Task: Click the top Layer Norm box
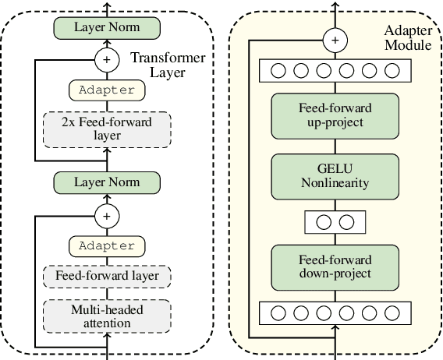pyautogui.click(x=106, y=27)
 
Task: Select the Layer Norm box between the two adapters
pyautogui.click(x=106, y=182)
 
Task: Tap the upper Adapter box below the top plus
pyautogui.click(x=107, y=90)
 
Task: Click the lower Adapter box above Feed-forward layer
pyautogui.click(x=107, y=245)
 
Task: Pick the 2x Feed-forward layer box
pyautogui.click(x=107, y=128)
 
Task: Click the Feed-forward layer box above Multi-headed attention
pyautogui.click(x=107, y=275)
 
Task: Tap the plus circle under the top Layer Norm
pyautogui.click(x=106, y=58)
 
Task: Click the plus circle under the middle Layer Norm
pyautogui.click(x=106, y=213)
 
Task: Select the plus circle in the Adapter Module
pyautogui.click(x=335, y=40)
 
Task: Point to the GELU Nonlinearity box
pyautogui.click(x=335, y=176)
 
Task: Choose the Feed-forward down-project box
pyautogui.click(x=335, y=266)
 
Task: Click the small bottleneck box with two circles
pyautogui.click(x=335, y=221)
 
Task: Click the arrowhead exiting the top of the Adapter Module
pyautogui.click(x=335, y=5)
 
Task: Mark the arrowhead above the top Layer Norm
pyautogui.click(x=106, y=5)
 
